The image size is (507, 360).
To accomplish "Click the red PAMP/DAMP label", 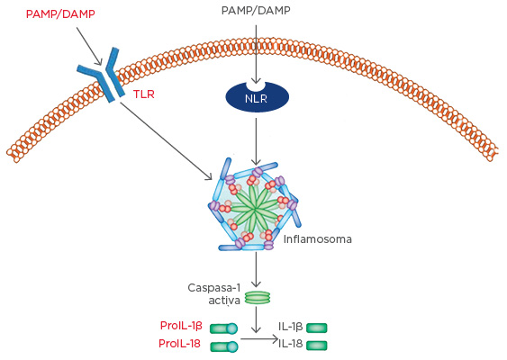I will click(61, 14).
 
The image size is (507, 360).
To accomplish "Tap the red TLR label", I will click(143, 94).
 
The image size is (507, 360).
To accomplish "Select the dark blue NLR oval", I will click(257, 97).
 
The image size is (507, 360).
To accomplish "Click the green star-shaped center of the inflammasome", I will click(257, 208).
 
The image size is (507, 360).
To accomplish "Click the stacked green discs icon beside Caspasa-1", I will click(257, 296).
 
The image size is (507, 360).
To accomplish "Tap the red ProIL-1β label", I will click(181, 327).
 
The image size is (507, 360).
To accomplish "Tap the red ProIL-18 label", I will click(181, 344).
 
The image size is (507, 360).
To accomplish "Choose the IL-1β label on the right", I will click(290, 328).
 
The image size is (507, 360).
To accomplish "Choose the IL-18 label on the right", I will click(290, 343).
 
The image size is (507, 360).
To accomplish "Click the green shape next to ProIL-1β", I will click(224, 328).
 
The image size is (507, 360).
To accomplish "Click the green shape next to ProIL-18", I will click(224, 346).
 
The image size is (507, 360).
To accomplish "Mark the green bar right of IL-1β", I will click(317, 328).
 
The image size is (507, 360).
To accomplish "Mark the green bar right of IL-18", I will click(317, 345).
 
